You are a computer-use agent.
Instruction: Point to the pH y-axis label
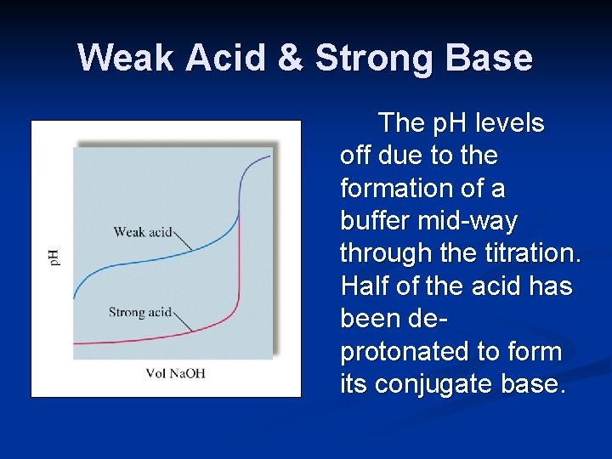(53, 257)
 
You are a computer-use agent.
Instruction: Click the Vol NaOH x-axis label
(175, 373)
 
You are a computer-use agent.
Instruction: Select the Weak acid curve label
(142, 231)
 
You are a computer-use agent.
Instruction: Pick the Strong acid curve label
(140, 312)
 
